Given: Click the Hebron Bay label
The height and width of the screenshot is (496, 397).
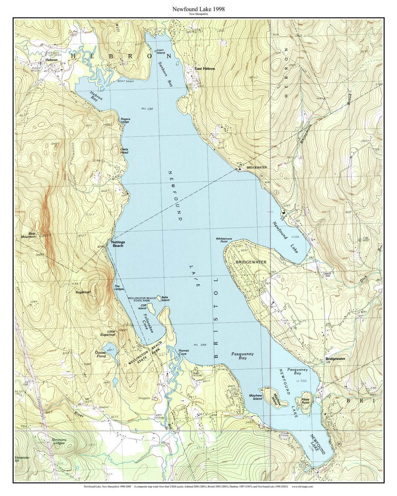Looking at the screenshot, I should [x=96, y=96].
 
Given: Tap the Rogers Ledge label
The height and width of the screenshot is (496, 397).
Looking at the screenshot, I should [x=125, y=121].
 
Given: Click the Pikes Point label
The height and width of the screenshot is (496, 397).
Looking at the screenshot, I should [x=305, y=401].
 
